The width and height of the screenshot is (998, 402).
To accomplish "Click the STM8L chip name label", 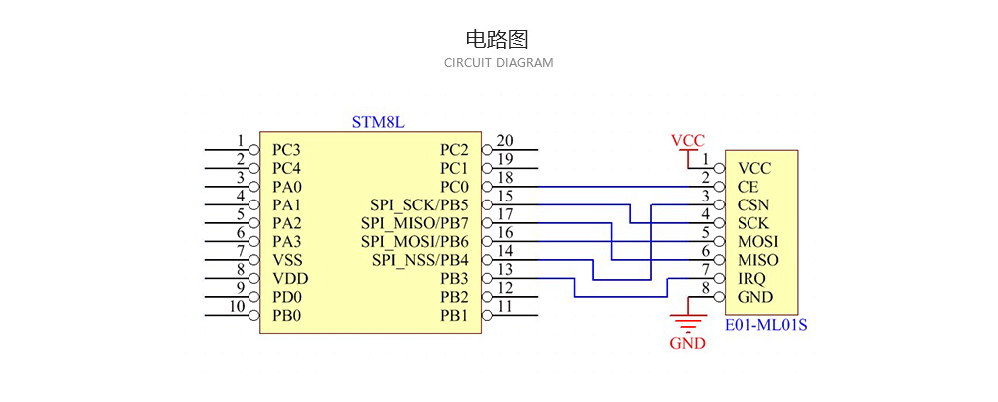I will tap(378, 122).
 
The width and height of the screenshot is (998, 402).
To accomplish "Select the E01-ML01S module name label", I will tap(766, 324).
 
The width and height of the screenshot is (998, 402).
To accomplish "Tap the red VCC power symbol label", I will tap(687, 141).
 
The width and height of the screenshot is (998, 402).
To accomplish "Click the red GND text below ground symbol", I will tap(687, 343).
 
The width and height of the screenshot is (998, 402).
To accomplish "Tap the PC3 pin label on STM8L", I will tap(286, 150).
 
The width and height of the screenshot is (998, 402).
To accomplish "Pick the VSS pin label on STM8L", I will tap(286, 260).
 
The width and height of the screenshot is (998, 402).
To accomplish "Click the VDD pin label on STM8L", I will tap(288, 279).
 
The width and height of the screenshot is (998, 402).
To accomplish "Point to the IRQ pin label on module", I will tap(751, 279).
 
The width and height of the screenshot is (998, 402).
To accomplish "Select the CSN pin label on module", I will tap(752, 205).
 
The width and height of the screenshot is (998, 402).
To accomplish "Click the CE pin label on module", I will tap(748, 187).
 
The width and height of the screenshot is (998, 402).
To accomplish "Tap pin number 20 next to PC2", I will tap(505, 141).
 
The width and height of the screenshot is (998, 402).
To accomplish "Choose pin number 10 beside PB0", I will tap(237, 307).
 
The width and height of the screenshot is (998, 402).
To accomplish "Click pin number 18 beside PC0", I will tap(505, 178).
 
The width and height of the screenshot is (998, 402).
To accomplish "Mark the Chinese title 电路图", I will tap(497, 39).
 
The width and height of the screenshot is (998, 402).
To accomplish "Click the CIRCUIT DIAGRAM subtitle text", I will tap(498, 63).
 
